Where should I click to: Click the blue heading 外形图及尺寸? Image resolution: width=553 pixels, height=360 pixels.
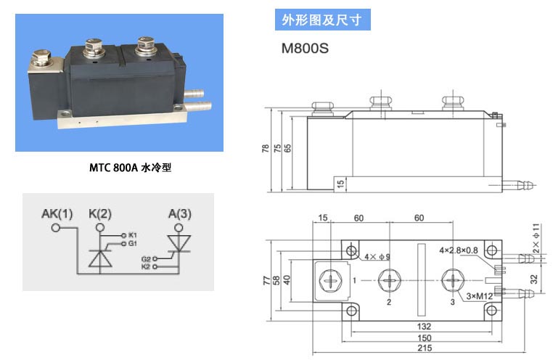click(x=323, y=20)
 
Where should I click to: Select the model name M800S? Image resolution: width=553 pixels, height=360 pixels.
click(x=305, y=49)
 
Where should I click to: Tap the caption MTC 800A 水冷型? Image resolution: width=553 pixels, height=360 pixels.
click(x=130, y=167)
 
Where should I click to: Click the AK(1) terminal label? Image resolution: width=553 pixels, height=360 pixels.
click(x=57, y=213)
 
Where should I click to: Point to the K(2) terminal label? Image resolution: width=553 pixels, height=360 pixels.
click(x=100, y=213)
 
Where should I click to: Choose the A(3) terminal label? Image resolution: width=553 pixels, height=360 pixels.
click(x=179, y=213)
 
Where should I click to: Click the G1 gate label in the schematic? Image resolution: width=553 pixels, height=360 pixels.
click(x=133, y=244)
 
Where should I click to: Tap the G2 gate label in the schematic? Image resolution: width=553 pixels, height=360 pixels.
click(x=146, y=259)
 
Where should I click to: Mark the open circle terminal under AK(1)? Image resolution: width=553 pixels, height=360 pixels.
click(x=56, y=228)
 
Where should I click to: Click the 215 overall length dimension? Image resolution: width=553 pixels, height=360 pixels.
click(x=425, y=348)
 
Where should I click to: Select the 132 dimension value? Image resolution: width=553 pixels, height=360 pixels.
click(x=424, y=327)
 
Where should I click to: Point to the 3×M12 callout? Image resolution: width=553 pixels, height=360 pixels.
click(x=479, y=296)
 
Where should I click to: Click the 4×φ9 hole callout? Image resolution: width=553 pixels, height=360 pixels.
click(x=377, y=257)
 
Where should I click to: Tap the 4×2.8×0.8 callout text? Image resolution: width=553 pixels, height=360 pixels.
click(x=459, y=250)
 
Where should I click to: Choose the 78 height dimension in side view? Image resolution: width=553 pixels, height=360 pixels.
click(x=266, y=149)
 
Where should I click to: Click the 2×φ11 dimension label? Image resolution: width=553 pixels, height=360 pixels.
click(x=536, y=238)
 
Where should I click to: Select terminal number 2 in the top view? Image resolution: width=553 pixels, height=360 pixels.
click(x=389, y=302)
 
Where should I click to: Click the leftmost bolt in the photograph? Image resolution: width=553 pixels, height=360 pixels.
click(x=41, y=58)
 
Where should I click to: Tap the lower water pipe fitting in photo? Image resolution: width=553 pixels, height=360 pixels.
click(x=197, y=106)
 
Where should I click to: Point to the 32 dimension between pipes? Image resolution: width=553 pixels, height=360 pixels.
click(x=534, y=279)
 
